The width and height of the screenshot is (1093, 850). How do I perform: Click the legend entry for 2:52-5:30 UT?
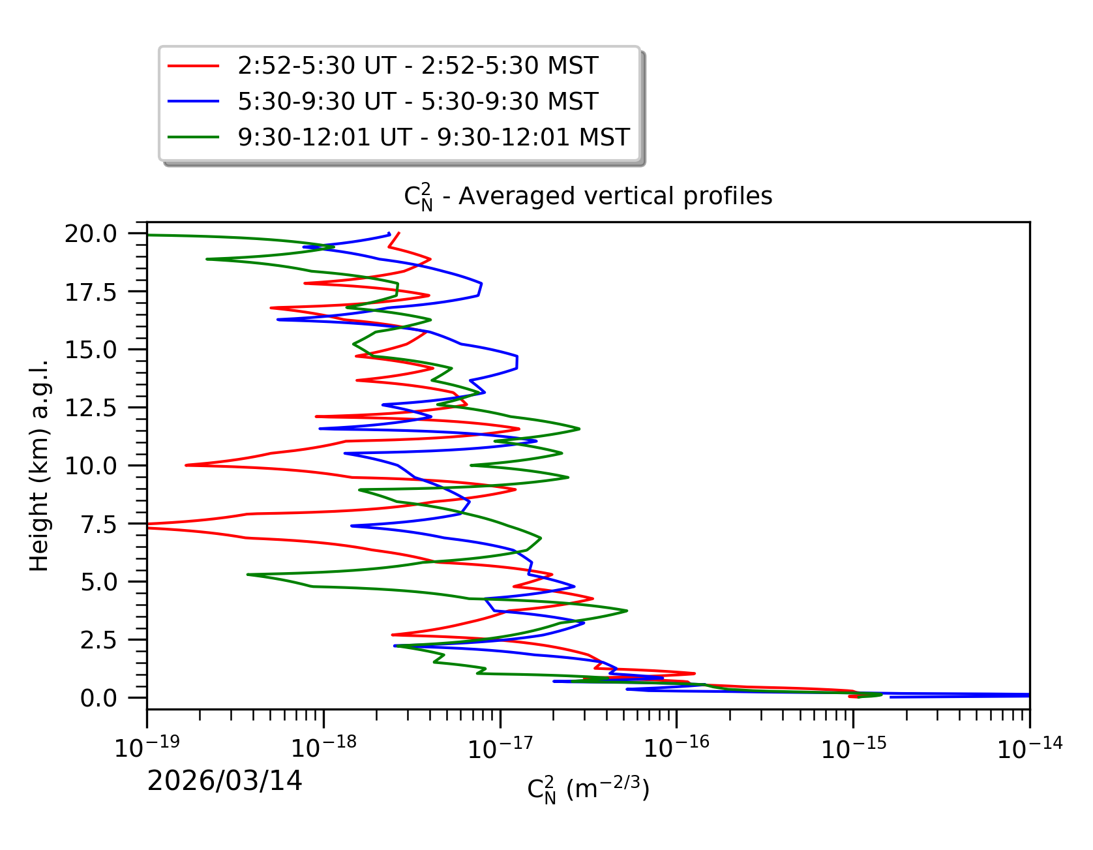pyautogui.click(x=417, y=66)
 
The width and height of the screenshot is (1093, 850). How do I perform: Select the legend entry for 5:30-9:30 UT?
pyautogui.click(x=417, y=102)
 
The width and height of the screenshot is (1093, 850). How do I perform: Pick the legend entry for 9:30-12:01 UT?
pyautogui.click(x=433, y=138)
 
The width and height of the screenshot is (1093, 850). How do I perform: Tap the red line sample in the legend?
pyautogui.click(x=193, y=66)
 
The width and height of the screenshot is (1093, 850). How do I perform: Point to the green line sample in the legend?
pyautogui.click(x=193, y=138)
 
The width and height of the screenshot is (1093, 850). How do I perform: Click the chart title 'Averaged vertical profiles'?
pyautogui.click(x=588, y=196)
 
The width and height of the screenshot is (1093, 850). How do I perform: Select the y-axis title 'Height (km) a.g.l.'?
pyautogui.click(x=39, y=465)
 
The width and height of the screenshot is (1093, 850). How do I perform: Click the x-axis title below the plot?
pyautogui.click(x=588, y=790)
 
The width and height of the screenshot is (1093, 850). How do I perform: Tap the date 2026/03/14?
pyautogui.click(x=224, y=781)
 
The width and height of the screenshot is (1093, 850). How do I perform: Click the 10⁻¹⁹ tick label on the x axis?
pyautogui.click(x=147, y=747)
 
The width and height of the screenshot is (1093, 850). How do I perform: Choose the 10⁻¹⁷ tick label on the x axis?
pyautogui.click(x=500, y=747)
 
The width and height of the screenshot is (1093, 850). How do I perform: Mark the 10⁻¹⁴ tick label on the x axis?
pyautogui.click(x=1030, y=747)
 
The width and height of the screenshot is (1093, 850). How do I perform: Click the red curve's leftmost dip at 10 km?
pyautogui.click(x=187, y=465)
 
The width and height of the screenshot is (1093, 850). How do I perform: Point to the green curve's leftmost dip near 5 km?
pyautogui.click(x=248, y=574)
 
